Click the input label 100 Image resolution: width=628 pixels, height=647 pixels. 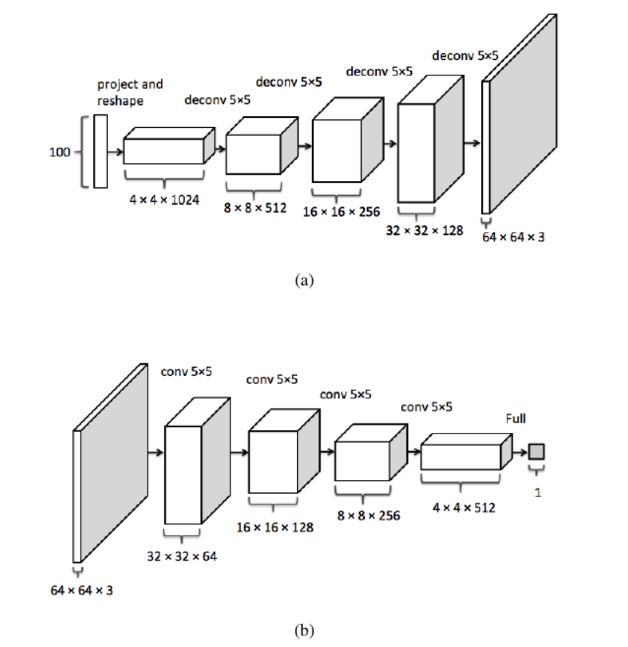[60, 153]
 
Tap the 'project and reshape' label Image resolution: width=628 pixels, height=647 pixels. [130, 92]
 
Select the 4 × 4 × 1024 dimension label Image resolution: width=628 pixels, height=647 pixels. [164, 199]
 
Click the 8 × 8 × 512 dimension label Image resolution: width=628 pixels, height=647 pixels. [255, 208]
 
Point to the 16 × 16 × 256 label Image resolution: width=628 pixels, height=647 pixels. [341, 212]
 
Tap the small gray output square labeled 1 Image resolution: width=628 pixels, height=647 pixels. [536, 451]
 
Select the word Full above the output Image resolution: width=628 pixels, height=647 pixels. [516, 419]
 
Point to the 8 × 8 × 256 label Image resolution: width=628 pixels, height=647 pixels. [369, 516]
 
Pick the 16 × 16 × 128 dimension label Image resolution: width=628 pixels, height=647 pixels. [275, 527]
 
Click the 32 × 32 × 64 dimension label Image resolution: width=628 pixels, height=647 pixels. [182, 555]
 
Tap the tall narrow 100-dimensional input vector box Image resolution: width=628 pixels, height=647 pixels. [100, 151]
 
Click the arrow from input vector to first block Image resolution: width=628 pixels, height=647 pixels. [115, 151]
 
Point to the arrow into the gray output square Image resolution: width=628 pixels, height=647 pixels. [520, 451]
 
